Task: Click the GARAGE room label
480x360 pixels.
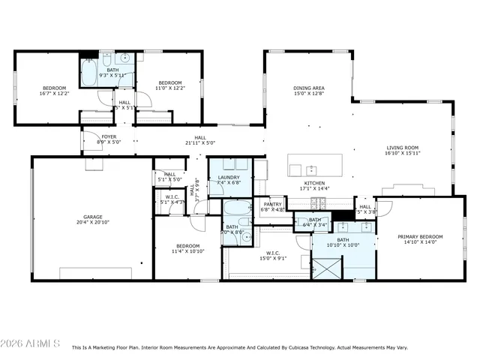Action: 92,217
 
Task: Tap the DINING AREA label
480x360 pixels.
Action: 308,88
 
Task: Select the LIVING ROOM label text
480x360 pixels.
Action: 402,148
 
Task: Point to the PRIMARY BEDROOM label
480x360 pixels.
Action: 420,236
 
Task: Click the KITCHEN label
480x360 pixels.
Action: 313,183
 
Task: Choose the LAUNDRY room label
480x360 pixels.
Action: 228,177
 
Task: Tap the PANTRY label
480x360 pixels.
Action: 272,204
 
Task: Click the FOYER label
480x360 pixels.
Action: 109,136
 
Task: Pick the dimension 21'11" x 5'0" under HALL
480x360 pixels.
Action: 200,142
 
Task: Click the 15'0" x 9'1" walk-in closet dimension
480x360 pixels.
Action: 272,259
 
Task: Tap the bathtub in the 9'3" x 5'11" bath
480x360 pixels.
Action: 88,73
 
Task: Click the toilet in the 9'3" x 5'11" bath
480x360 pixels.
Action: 125,58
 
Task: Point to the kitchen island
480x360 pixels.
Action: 315,166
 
